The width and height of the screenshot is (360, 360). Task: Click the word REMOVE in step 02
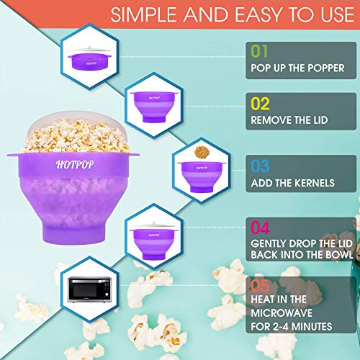pos(274,120)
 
